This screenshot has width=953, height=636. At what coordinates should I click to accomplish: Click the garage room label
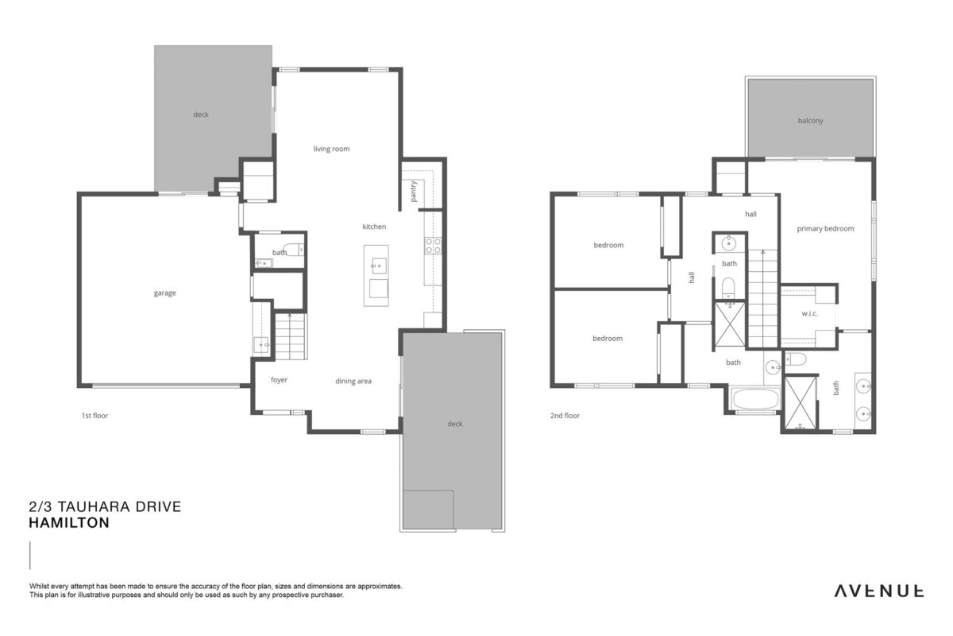(164, 293)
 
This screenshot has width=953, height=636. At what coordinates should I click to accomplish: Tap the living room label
(331, 149)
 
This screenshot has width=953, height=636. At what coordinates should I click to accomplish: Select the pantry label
(414, 192)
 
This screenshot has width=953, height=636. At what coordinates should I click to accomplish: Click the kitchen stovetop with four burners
(433, 246)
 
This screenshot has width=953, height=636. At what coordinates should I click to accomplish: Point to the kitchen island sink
(379, 266)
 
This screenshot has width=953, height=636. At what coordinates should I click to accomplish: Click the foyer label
(279, 379)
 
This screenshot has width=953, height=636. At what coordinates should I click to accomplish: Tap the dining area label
(353, 381)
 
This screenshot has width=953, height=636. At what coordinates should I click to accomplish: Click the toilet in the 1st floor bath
(294, 249)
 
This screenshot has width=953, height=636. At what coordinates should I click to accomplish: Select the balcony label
(811, 121)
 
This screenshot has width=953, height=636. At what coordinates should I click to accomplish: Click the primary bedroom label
(825, 229)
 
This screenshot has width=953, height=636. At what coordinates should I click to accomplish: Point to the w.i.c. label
(809, 313)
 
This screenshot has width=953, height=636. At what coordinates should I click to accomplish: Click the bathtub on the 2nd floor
(755, 399)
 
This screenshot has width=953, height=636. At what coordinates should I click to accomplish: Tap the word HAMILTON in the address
(69, 522)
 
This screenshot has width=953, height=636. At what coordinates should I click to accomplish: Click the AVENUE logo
(879, 591)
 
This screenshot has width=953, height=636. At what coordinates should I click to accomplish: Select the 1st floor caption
(95, 415)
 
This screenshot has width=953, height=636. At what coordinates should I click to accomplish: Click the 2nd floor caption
(565, 415)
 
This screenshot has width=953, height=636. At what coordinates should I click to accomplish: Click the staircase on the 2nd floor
(763, 298)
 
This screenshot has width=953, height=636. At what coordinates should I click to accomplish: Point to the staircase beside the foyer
(290, 336)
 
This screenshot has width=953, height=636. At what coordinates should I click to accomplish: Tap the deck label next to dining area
(455, 424)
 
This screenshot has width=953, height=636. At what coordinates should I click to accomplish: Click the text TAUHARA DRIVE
(119, 506)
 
